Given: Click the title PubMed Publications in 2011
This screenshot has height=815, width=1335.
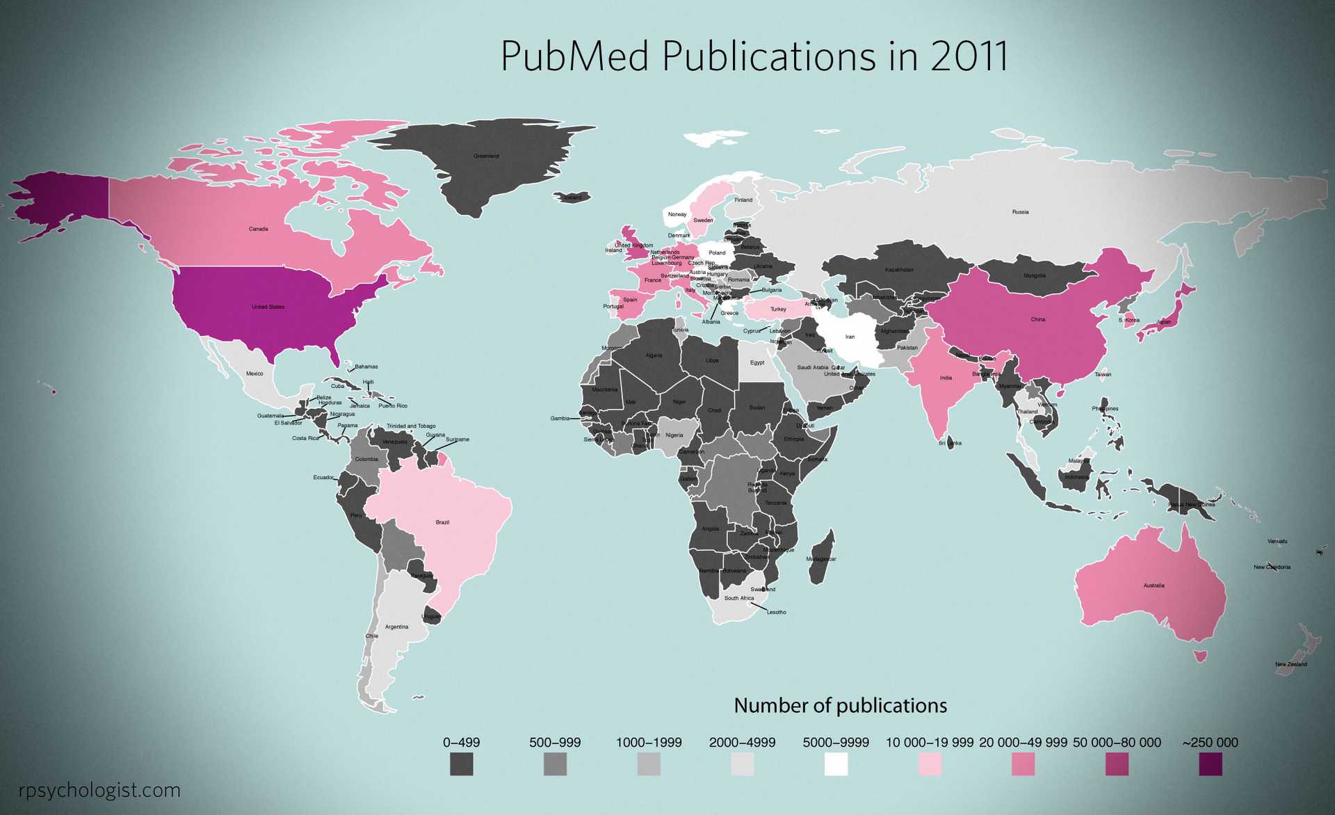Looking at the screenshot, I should [754, 56].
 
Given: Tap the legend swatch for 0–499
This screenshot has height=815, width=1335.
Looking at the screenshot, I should [461, 764].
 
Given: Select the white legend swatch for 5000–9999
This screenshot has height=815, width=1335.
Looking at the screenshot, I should [836, 764].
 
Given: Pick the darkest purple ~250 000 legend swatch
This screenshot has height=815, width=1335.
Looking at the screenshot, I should [1210, 764].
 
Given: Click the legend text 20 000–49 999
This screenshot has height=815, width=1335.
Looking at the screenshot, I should [1023, 742].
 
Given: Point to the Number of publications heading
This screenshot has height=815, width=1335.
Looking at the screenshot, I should [840, 705].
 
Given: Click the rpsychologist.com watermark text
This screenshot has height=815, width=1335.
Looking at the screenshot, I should [99, 790].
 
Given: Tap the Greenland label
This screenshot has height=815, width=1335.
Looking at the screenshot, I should [486, 156].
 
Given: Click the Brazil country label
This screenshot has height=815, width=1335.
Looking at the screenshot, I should [442, 522].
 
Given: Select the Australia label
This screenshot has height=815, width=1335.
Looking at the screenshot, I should [1154, 586].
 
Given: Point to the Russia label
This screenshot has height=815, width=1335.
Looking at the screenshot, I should [1020, 212].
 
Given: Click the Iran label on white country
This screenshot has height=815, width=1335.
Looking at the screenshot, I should [850, 337].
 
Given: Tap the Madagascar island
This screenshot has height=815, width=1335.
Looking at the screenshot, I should [823, 556].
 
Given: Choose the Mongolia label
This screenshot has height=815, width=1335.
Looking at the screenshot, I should [1034, 276].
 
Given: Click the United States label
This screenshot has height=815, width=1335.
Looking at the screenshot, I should [268, 307].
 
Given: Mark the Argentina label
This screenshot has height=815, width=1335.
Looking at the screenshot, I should [397, 627].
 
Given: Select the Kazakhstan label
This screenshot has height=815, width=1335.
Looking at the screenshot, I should [899, 270].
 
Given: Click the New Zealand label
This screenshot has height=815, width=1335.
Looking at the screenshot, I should [1290, 664].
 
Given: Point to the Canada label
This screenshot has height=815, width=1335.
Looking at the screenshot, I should [258, 229].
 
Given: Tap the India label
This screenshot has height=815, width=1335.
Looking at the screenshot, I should [946, 378].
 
